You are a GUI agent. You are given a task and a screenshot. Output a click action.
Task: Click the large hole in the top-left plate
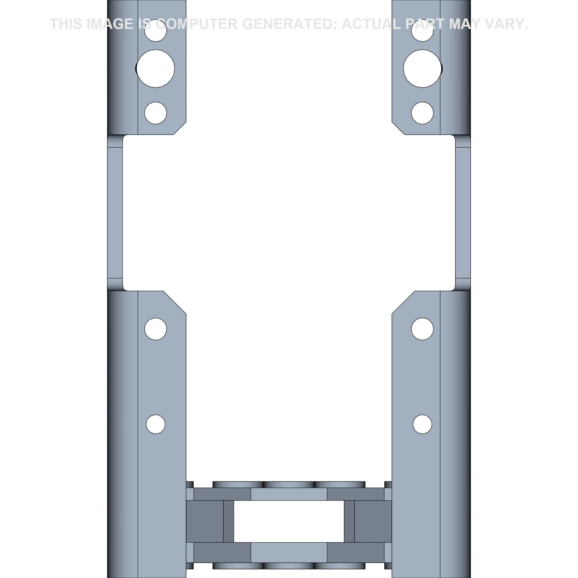155,68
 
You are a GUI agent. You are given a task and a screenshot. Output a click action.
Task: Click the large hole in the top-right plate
423,68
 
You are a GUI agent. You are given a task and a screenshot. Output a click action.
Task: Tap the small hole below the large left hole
155,113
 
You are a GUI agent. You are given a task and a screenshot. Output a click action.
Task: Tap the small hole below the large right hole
423,113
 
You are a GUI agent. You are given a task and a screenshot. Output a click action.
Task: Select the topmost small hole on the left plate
155,31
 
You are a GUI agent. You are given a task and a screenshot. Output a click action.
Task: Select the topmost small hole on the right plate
423,31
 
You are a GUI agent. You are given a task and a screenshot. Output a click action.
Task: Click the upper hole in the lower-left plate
155,329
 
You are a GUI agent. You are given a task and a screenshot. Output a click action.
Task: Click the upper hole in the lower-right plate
423,329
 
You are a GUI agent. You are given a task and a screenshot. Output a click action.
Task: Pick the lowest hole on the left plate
155,424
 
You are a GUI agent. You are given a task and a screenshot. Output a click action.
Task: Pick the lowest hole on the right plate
423,424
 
